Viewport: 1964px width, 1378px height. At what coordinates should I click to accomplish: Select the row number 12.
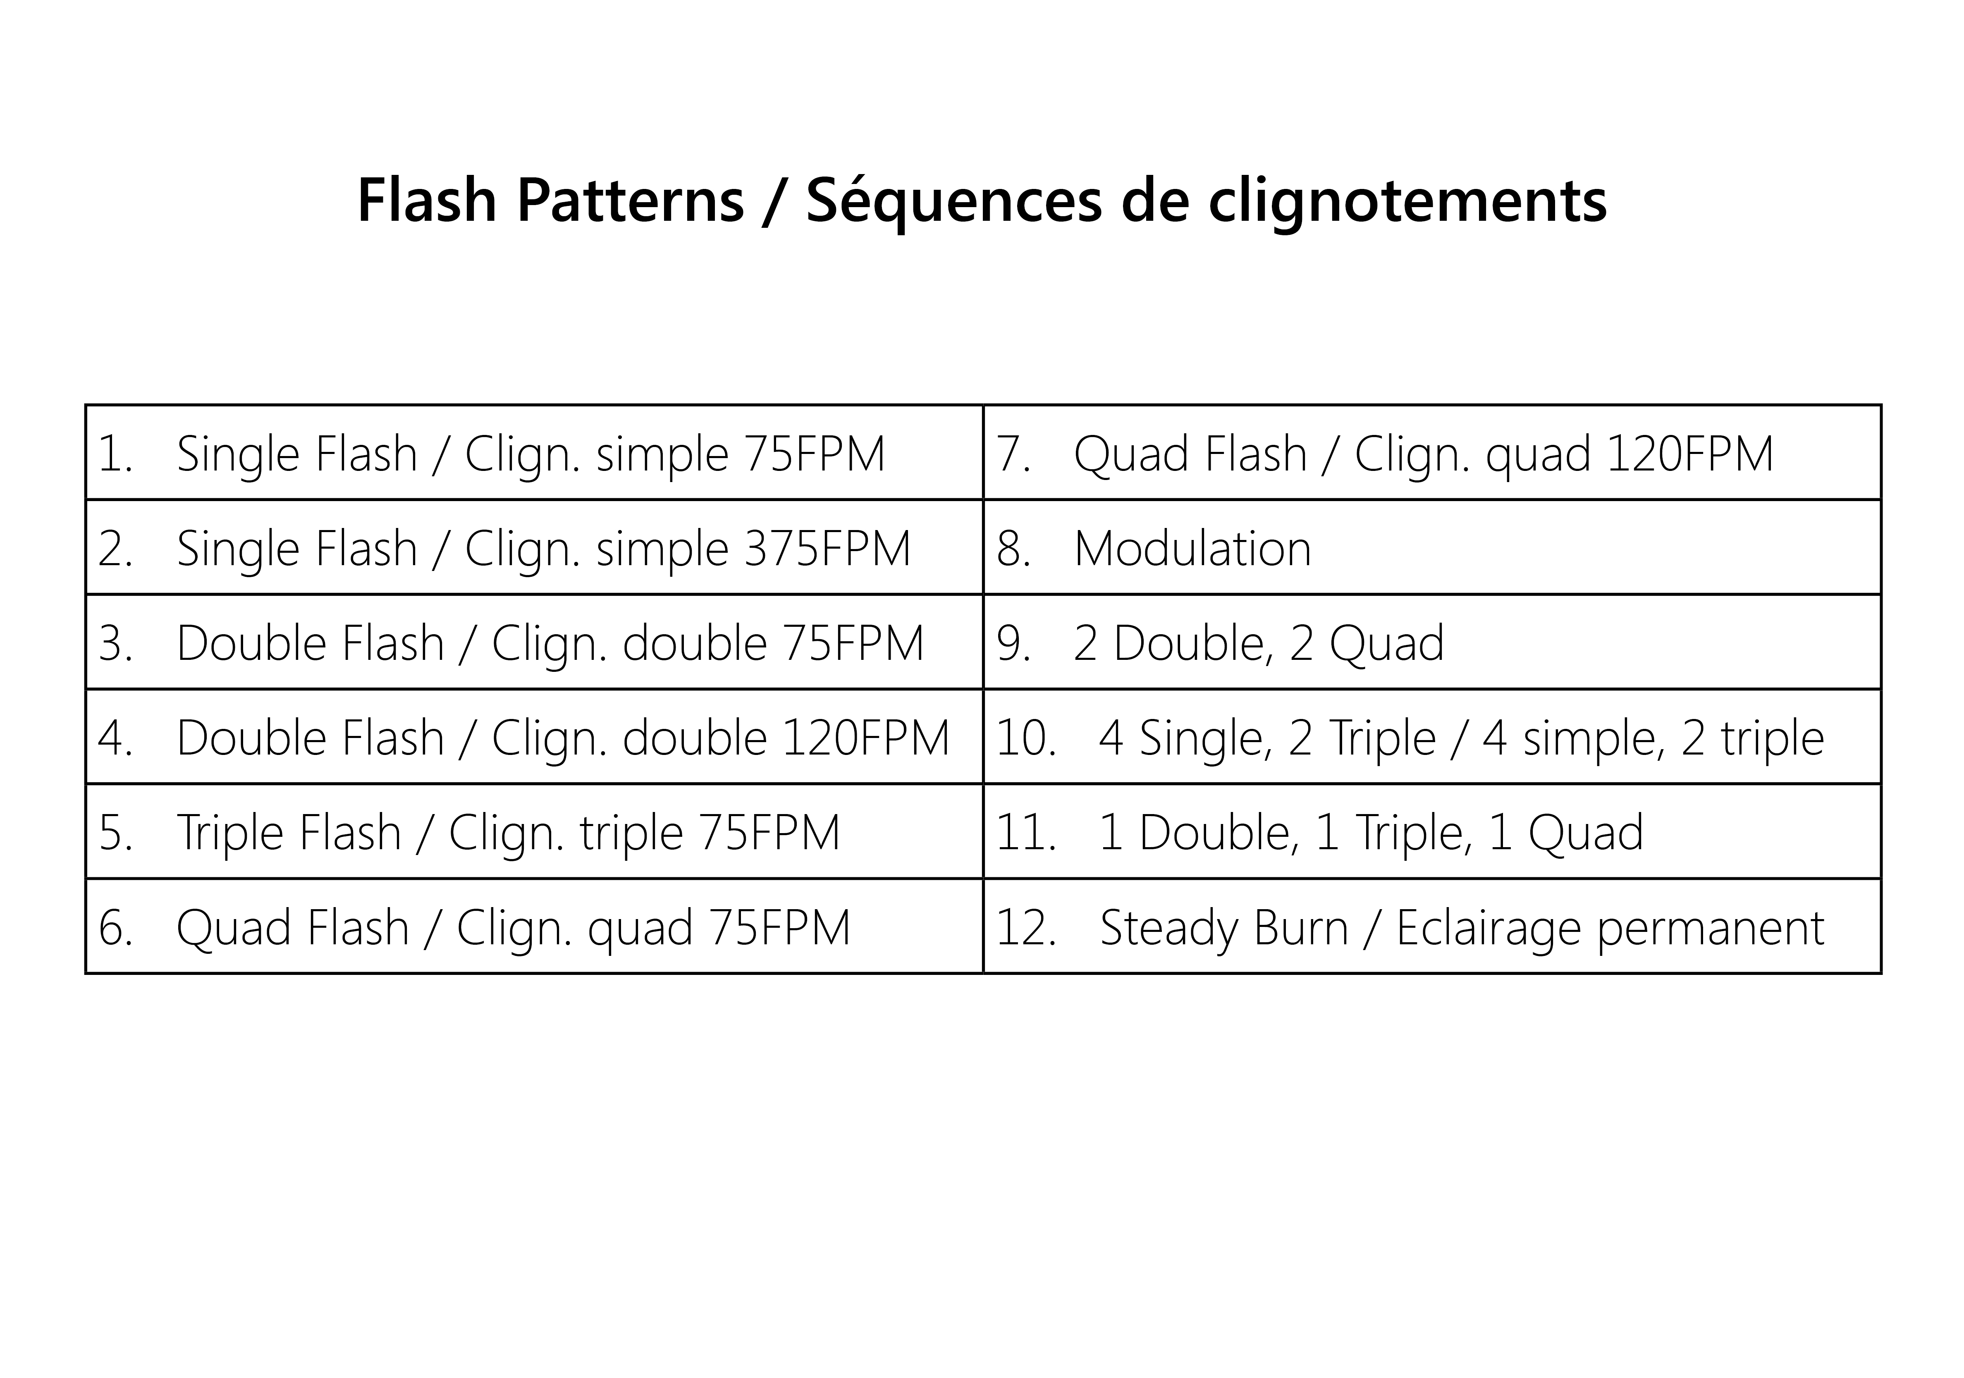1027,927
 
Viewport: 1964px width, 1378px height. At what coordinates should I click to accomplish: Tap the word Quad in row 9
1387,643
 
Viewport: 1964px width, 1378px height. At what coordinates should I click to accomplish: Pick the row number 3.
115,643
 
